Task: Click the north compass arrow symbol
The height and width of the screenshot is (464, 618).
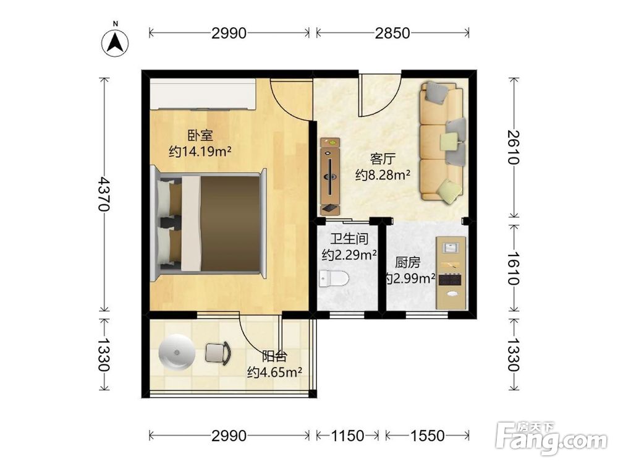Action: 116,43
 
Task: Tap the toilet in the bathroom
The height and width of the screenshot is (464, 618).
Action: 334,279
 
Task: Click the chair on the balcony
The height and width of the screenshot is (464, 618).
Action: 218,353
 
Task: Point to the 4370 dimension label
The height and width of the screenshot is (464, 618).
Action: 104,194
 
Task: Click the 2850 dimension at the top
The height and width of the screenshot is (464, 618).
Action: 392,33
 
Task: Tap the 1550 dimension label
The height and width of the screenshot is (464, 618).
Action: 427,436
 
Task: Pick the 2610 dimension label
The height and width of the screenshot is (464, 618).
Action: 514,147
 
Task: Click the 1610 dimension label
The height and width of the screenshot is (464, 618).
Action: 514,269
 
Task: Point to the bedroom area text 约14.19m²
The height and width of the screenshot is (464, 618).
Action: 200,151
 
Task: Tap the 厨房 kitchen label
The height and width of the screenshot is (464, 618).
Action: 408,262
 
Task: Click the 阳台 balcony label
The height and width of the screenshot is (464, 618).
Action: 274,356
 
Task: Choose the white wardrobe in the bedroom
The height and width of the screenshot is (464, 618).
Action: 203,95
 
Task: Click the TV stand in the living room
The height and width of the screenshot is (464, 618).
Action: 330,176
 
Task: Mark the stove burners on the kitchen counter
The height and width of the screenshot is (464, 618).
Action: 450,280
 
